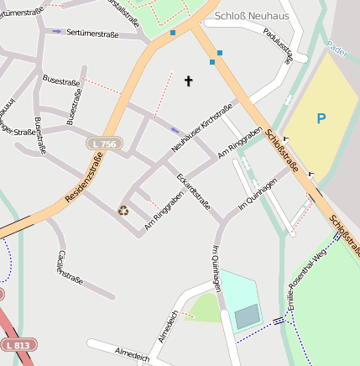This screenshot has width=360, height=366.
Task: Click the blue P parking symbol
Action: pos(321,119)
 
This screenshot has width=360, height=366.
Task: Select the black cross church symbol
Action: pos(188,81)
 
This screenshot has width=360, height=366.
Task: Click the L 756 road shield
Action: pos(104,144)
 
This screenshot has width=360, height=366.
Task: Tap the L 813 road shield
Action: pos(17,345)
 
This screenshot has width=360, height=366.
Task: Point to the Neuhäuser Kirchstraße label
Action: pos(201,128)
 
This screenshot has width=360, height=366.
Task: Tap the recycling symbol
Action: pos(123,211)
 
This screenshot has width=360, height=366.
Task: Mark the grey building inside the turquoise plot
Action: pos(247,316)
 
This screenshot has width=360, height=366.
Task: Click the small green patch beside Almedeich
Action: pos(205,307)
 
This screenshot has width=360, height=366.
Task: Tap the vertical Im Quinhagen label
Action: pos(217,269)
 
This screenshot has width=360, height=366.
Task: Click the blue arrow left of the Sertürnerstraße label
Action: pos(57,32)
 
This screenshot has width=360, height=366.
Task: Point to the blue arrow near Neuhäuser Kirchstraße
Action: pos(175,130)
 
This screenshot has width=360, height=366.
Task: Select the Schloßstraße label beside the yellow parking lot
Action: pos(282,150)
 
